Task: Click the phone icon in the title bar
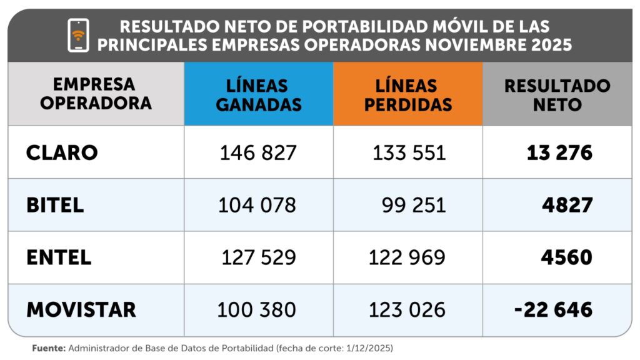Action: coord(78,35)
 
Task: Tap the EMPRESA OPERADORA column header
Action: coord(96,94)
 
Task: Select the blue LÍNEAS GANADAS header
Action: coord(258,94)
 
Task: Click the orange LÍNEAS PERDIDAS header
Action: coord(407,94)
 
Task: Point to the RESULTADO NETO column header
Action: coord(557,94)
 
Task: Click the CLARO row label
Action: coord(62,153)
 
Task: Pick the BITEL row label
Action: coord(55,206)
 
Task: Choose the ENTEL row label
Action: coord(59,257)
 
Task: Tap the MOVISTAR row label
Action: coord(81,309)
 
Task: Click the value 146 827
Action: coord(258,153)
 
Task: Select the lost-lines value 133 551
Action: coord(409,153)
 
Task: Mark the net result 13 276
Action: coord(559,153)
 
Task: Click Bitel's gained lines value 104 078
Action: coord(257,206)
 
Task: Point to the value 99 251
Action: coord(414,206)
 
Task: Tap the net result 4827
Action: coord(567,206)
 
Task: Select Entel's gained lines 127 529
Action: coord(259,257)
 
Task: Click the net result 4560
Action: coord(567,257)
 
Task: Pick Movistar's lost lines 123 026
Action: coord(407,309)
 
